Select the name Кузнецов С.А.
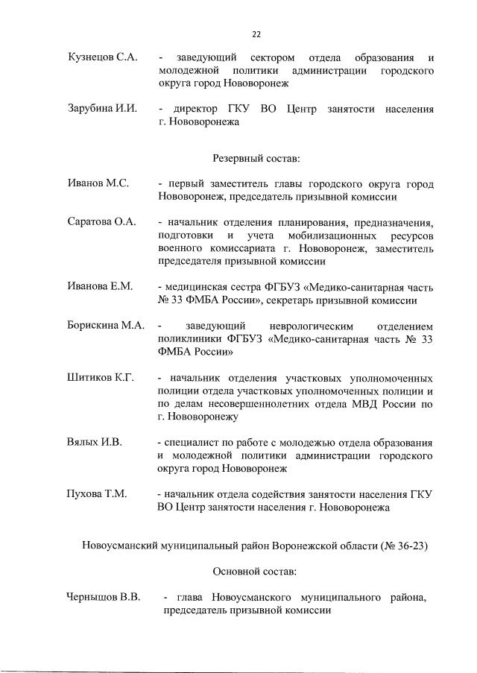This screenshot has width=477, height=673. (100, 57)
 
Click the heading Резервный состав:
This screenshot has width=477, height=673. (256, 158)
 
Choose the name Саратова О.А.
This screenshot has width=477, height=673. (101, 223)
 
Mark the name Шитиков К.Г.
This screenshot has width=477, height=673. (101, 379)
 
